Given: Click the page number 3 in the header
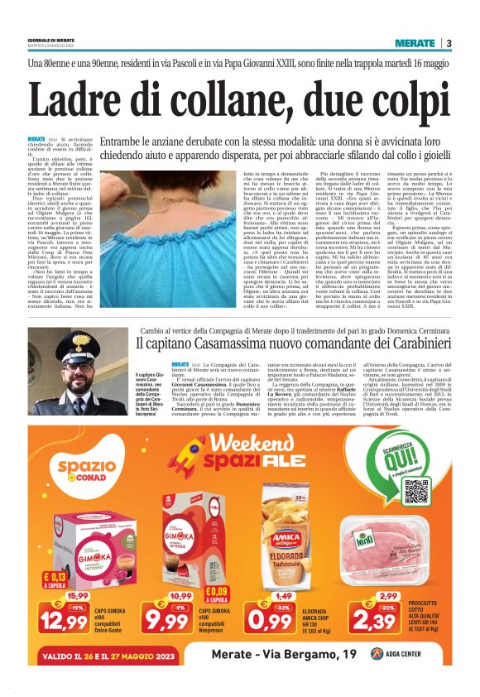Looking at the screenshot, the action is coord(448,43).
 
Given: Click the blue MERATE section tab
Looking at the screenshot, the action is coord(415,43).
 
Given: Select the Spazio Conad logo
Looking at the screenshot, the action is coord(84,468).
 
